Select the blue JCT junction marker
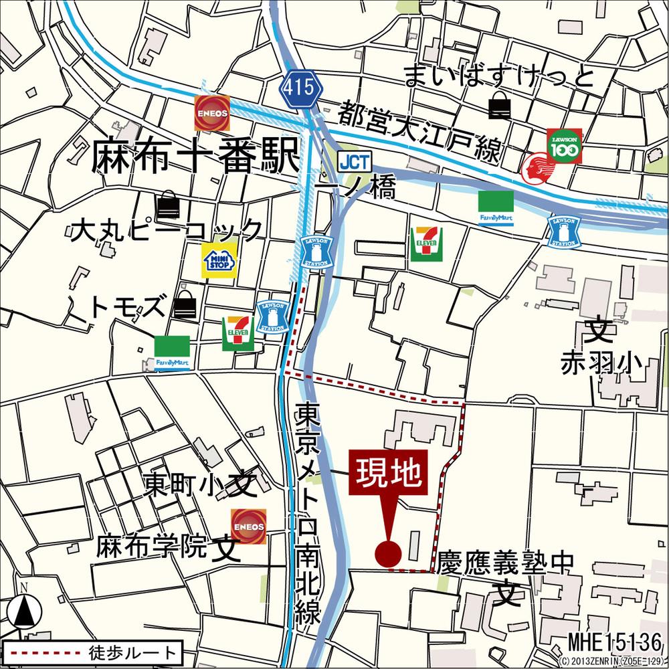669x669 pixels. pos(353,161)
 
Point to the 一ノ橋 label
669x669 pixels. pos(357,188)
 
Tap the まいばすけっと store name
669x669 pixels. pos(499,77)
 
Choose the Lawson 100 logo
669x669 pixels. pos(565,146)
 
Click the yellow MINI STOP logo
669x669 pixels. pos(220,260)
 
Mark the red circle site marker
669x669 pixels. pos(388,553)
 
